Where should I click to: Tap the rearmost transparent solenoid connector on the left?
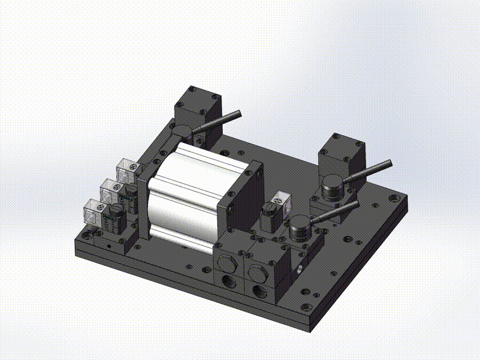point(126,171)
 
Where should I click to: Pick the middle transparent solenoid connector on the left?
point(111,190)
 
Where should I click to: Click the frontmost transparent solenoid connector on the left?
point(95,211)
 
